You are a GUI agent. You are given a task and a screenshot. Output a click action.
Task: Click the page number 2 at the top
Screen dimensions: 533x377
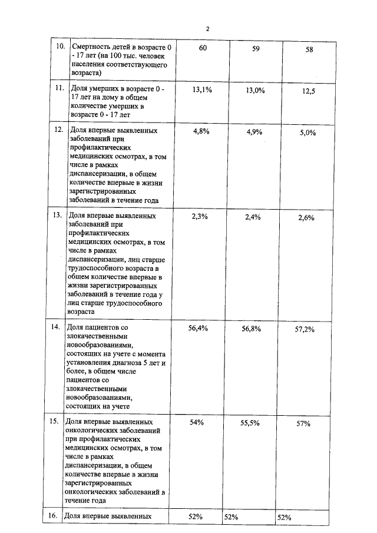(207, 28)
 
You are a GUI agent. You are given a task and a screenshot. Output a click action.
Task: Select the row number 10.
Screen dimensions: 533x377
(59, 47)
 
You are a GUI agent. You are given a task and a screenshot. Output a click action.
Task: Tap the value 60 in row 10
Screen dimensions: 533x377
(203, 48)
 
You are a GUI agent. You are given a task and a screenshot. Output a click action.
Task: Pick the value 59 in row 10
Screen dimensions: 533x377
(256, 49)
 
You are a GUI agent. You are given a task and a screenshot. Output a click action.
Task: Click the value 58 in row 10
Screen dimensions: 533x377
(309, 50)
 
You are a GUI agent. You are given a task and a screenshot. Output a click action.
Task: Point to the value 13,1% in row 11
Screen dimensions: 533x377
(202, 90)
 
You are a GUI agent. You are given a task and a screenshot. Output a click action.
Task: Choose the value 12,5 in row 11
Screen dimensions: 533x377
(309, 91)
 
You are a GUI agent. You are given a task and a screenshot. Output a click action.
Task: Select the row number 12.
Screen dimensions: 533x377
(58, 130)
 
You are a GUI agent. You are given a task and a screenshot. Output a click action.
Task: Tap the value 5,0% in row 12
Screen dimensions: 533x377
(308, 133)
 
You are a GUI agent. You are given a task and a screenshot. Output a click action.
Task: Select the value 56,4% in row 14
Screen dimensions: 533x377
(198, 328)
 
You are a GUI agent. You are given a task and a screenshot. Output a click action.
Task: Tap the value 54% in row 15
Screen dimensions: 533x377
(197, 422)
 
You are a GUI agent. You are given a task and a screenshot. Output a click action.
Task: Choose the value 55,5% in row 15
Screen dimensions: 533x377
(250, 423)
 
